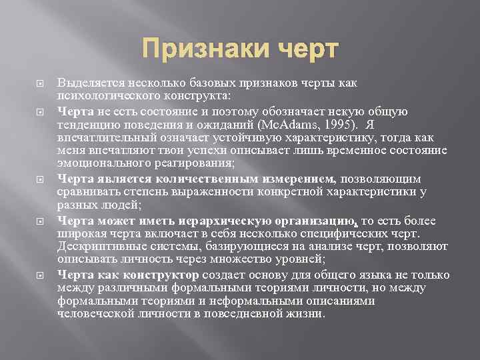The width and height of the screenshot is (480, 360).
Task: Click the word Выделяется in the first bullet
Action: (x=87, y=83)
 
